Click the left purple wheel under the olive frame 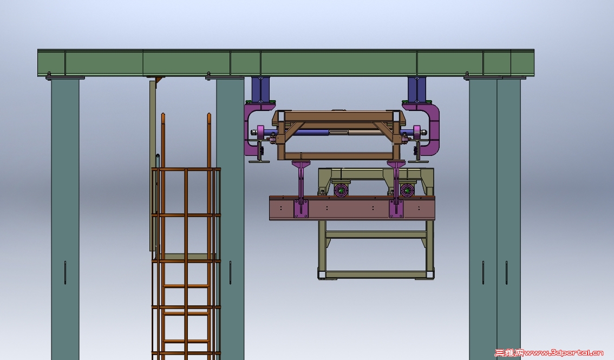click(x=341, y=190)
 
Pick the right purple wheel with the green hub click(x=407, y=190)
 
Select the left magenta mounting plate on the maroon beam click(x=301, y=208)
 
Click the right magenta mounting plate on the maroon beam click(x=396, y=208)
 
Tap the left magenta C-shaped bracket click(x=249, y=129)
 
